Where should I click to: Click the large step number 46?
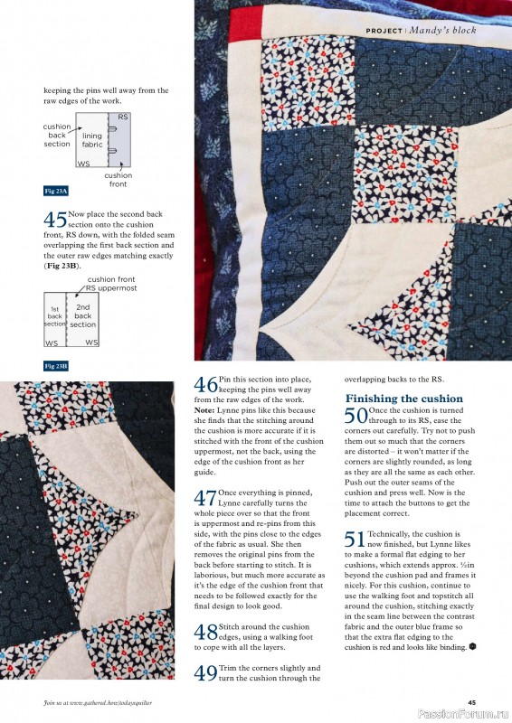(205, 385)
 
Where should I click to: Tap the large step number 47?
(205, 498)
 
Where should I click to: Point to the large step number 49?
(205, 672)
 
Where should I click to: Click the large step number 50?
(356, 416)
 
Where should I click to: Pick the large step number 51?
(356, 540)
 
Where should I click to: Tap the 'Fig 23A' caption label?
(56, 192)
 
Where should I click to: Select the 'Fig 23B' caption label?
(56, 366)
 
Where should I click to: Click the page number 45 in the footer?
(472, 702)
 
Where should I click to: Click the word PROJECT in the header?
(384, 31)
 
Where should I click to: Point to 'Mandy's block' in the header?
(442, 31)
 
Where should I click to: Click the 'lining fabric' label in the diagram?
(92, 140)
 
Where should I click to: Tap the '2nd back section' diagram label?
(83, 316)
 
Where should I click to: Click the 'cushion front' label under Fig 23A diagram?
(118, 179)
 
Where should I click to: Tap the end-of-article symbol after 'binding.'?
(473, 647)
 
